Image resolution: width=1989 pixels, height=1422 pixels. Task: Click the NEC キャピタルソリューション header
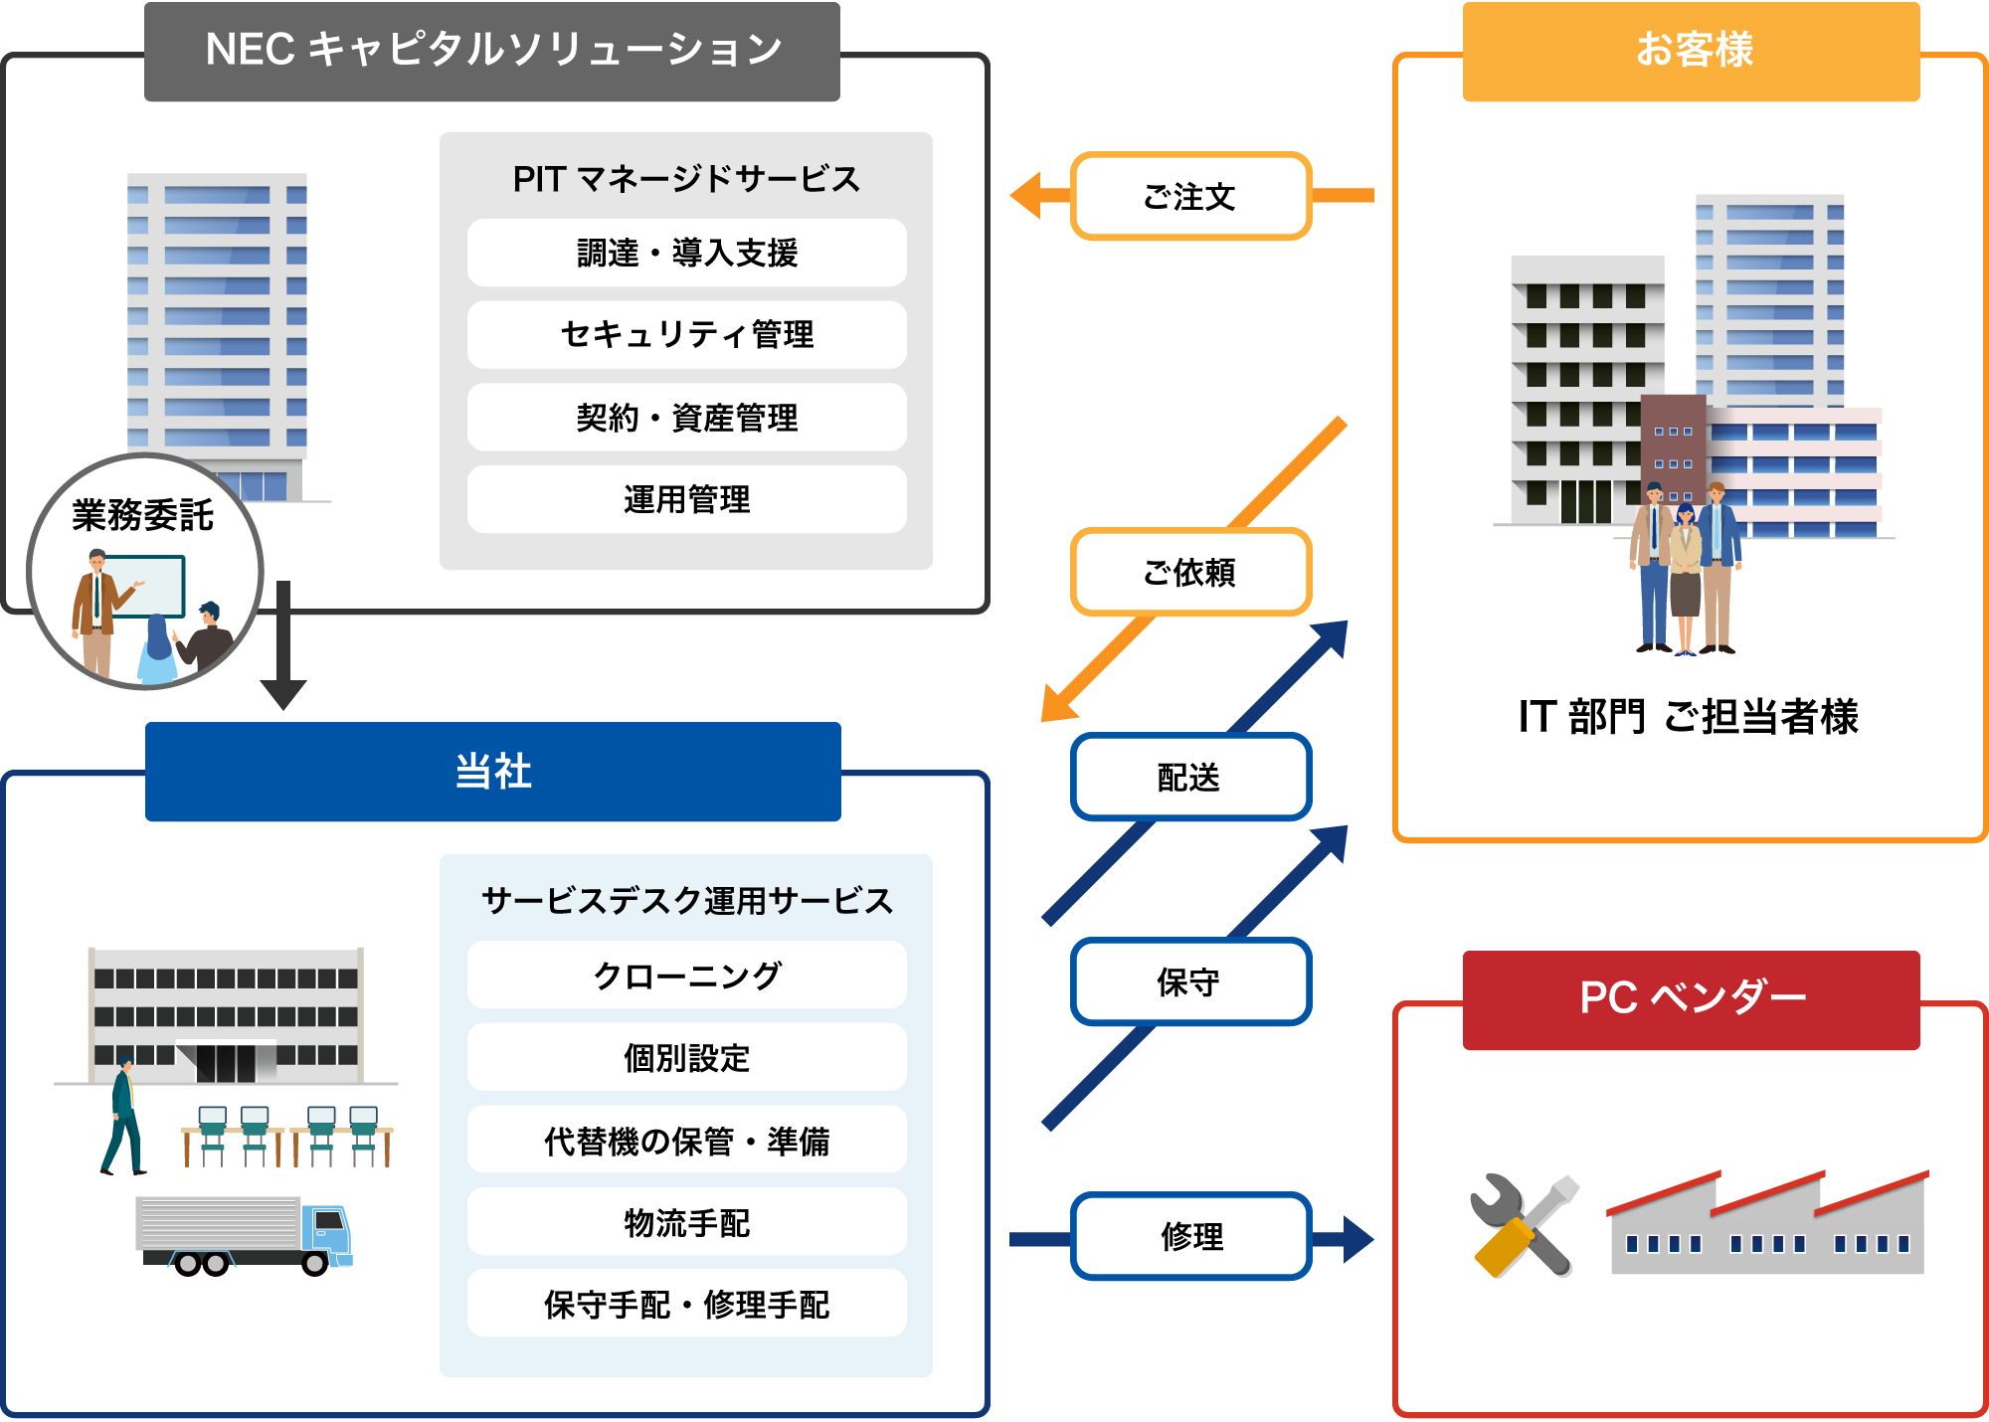[492, 51]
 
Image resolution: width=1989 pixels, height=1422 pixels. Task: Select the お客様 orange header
[1691, 51]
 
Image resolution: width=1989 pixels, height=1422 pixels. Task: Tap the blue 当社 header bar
[492, 772]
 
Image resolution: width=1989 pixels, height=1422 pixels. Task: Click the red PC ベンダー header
[1691, 998]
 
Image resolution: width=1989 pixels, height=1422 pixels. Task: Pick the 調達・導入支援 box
[686, 253]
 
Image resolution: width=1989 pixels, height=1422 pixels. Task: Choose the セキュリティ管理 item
[686, 335]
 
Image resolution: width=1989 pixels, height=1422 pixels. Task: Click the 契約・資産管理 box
[686, 418]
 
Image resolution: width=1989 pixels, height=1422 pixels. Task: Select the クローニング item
[686, 976]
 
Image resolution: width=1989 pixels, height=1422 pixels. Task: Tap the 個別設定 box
[686, 1058]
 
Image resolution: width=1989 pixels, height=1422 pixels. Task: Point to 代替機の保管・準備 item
[686, 1141]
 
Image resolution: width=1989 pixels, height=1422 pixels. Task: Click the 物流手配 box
[686, 1222]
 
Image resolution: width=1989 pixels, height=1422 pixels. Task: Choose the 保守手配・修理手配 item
[686, 1304]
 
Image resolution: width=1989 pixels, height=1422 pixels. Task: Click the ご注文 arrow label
[1190, 196]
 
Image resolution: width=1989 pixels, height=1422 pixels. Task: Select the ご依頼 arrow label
[1190, 572]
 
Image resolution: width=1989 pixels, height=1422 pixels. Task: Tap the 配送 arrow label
[1190, 777]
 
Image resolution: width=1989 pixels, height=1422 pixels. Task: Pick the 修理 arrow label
[1190, 1236]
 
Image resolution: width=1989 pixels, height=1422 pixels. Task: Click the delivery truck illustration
[245, 1233]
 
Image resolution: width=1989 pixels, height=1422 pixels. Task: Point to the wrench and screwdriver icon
[1523, 1225]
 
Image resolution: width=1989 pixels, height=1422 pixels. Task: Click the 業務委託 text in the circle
[143, 515]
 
